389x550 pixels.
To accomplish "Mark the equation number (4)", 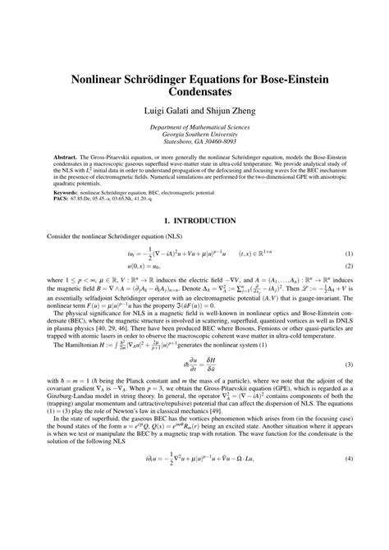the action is tap(348, 525).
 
